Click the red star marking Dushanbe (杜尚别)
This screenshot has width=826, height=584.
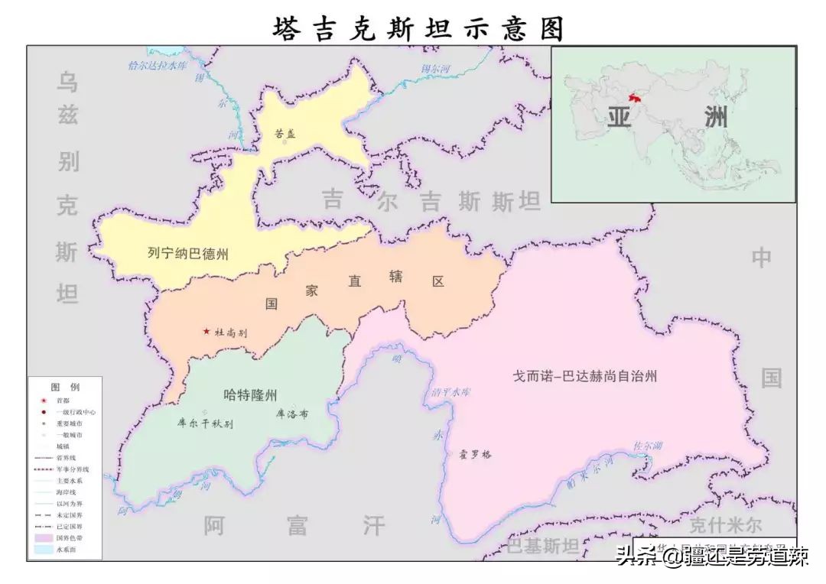point(206,332)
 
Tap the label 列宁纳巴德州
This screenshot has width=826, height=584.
point(188,254)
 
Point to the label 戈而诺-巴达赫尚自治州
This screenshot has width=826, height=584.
point(585,376)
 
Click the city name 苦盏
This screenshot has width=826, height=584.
point(285,133)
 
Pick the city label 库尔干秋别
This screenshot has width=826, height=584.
point(205,422)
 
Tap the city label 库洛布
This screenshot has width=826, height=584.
point(291,414)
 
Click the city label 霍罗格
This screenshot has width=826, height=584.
point(475,454)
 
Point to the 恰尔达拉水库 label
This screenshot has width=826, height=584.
point(158,66)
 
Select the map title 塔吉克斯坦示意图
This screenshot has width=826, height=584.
point(418,28)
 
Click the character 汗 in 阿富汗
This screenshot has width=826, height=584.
point(373,525)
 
